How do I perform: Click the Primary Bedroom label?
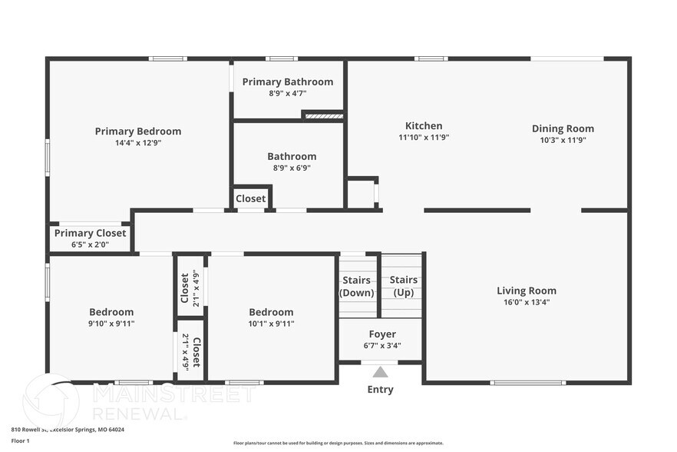pyautogui.click(x=138, y=131)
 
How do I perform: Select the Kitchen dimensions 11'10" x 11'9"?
pyautogui.click(x=424, y=138)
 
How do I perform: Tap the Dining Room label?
pyautogui.click(x=563, y=128)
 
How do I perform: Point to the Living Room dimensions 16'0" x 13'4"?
pyautogui.click(x=527, y=302)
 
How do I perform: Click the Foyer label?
pyautogui.click(x=382, y=334)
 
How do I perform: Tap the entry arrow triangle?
pyautogui.click(x=380, y=373)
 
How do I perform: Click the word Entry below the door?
pyautogui.click(x=380, y=390)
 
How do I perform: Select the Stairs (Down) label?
pyautogui.click(x=357, y=287)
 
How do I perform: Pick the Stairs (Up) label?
pyautogui.click(x=404, y=286)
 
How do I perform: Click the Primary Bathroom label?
pyautogui.click(x=288, y=81)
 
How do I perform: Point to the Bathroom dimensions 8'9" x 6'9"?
pyautogui.click(x=292, y=168)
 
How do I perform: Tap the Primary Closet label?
pyautogui.click(x=90, y=234)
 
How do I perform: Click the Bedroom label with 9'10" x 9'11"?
pyautogui.click(x=111, y=312)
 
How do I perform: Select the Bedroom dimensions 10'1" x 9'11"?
pyautogui.click(x=271, y=324)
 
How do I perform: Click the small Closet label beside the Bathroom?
pyautogui.click(x=251, y=198)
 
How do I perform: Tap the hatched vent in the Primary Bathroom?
pyautogui.click(x=322, y=116)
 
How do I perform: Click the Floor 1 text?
pyautogui.click(x=20, y=440)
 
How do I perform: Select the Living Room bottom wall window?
pyautogui.click(x=528, y=382)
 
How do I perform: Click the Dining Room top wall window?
pyautogui.click(x=567, y=58)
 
